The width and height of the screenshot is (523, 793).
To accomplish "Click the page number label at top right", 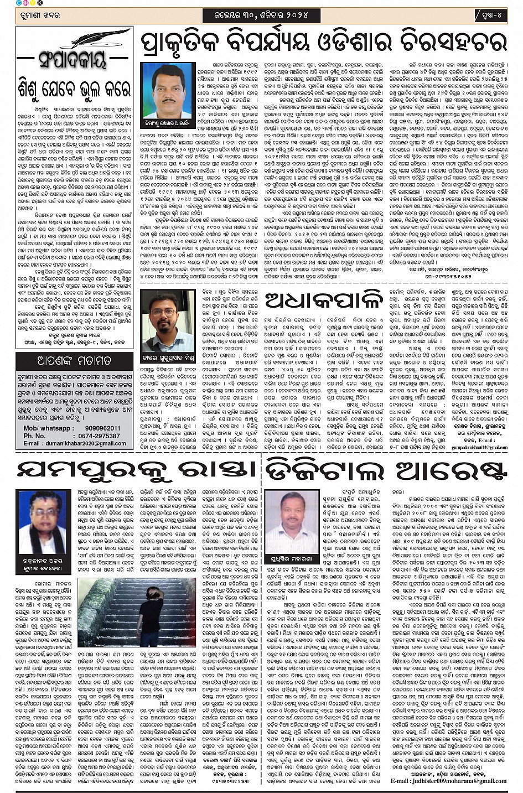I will tap(490, 14).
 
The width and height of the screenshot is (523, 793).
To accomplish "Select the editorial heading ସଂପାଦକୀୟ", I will tap(74, 59).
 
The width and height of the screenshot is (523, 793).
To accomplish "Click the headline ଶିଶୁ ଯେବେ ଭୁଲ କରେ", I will tap(74, 89).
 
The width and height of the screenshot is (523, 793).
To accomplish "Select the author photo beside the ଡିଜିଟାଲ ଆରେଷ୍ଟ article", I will tap(292, 520).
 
